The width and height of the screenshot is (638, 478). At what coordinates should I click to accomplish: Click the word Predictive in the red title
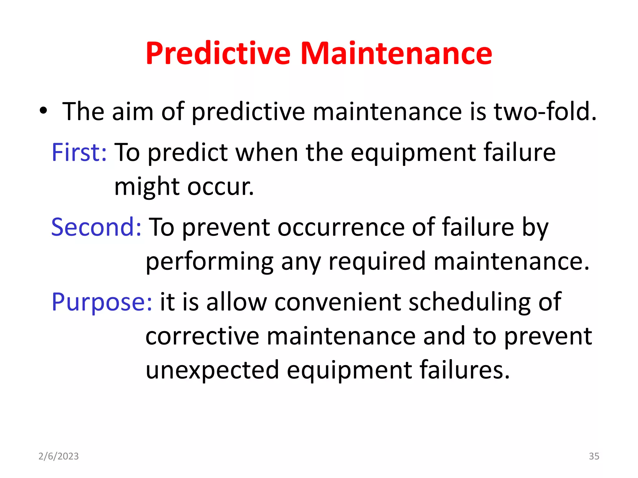coord(218,54)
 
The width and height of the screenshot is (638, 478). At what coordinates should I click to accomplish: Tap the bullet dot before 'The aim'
coord(43,111)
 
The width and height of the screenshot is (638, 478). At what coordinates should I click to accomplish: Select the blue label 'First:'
coord(79,152)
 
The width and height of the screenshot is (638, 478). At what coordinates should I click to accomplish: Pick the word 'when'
coord(267,152)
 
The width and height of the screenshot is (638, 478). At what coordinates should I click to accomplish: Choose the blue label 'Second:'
coord(96,227)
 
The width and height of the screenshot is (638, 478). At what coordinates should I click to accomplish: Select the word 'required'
coord(377,261)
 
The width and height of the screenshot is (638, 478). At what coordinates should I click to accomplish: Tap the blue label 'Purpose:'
coord(102,302)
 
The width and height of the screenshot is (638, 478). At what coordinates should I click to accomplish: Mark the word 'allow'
coord(236,302)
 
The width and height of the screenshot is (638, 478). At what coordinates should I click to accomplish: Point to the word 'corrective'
coord(202,336)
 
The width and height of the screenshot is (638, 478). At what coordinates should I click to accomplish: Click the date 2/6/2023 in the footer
coord(59,456)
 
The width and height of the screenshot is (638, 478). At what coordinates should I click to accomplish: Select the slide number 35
coord(594,456)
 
